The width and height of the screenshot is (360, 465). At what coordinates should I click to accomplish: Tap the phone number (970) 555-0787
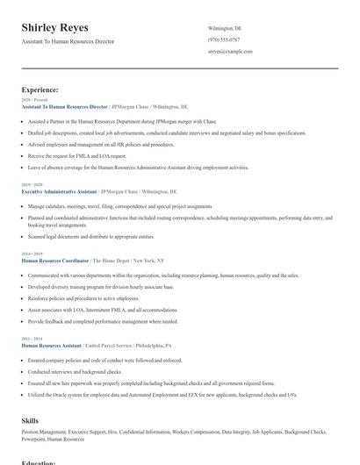[x=223, y=39]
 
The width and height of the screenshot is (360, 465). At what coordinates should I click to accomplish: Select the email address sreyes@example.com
[x=230, y=52]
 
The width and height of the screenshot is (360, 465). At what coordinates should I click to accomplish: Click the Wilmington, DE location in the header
[x=225, y=28]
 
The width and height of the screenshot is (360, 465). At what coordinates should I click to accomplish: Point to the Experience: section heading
[x=40, y=89]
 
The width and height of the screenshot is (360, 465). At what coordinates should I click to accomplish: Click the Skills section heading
[x=30, y=421]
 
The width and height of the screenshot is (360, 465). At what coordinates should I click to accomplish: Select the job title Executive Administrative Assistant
[x=59, y=190]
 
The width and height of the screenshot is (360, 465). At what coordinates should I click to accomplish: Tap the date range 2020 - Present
[x=32, y=100]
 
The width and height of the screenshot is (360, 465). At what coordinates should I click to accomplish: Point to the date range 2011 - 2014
[x=31, y=339]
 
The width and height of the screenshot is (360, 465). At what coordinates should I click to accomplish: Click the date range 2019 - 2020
[x=31, y=184]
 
